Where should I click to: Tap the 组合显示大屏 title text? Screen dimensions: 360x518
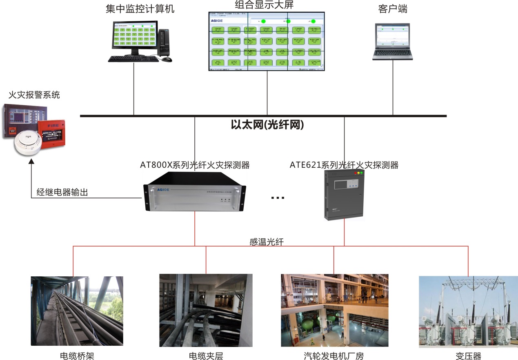click(x=265, y=5)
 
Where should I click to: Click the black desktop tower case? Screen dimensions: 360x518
click(x=164, y=43)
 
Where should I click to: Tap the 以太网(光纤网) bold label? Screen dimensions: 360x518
click(x=267, y=125)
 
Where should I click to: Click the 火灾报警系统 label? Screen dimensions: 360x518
click(x=34, y=95)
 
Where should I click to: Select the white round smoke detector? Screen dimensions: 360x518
click(x=28, y=144)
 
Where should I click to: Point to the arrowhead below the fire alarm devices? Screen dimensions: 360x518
click(x=32, y=162)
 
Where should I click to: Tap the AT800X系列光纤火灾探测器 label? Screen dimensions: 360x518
click(x=195, y=165)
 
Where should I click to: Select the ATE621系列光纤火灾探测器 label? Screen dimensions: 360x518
click(x=344, y=165)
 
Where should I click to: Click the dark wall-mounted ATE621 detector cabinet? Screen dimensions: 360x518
click(x=344, y=194)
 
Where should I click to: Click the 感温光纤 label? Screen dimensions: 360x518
click(x=267, y=242)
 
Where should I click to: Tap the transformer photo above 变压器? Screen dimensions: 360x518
click(x=468, y=312)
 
